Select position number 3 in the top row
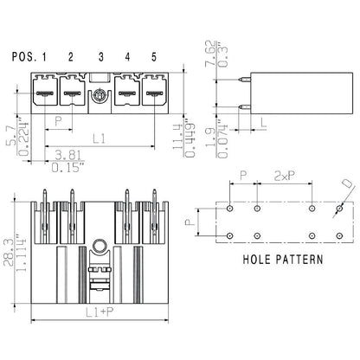[x=101, y=57]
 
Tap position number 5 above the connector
[x=154, y=57]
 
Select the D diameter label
[x=346, y=184]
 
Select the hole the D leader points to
[x=340, y=209]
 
